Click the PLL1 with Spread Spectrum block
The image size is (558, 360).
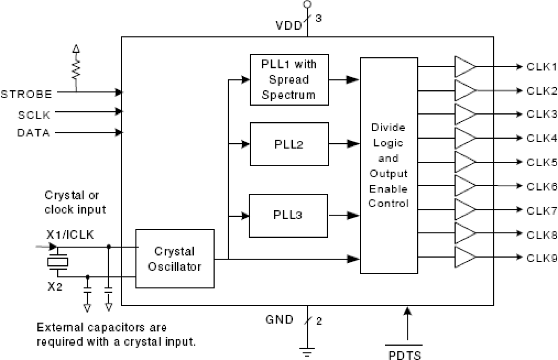coord(289,80)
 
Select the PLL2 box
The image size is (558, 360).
coord(289,144)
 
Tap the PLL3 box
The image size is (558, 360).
coord(288,216)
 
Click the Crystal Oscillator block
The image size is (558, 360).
coord(175,259)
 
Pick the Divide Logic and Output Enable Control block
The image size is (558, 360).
coord(389,165)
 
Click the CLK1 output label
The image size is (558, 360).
coord(542,67)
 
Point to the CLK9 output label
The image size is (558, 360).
coord(542,258)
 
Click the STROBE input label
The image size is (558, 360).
coord(27,94)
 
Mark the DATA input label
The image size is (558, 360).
coord(34,132)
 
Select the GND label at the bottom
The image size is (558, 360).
coord(279,320)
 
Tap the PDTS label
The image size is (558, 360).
coord(403,355)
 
